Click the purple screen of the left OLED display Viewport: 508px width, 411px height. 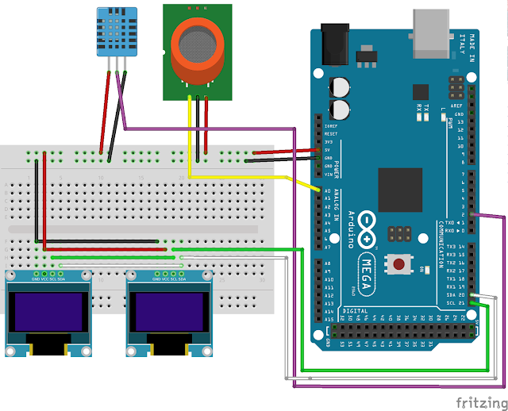pyautogui.click(x=48, y=311)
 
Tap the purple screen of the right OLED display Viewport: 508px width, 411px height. pyautogui.click(x=168, y=311)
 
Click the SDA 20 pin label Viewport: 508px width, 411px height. pyautogui.click(x=454, y=295)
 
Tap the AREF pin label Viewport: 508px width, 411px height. pyautogui.click(x=457, y=105)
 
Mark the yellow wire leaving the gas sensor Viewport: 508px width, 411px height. pyautogui.click(x=190, y=135)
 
